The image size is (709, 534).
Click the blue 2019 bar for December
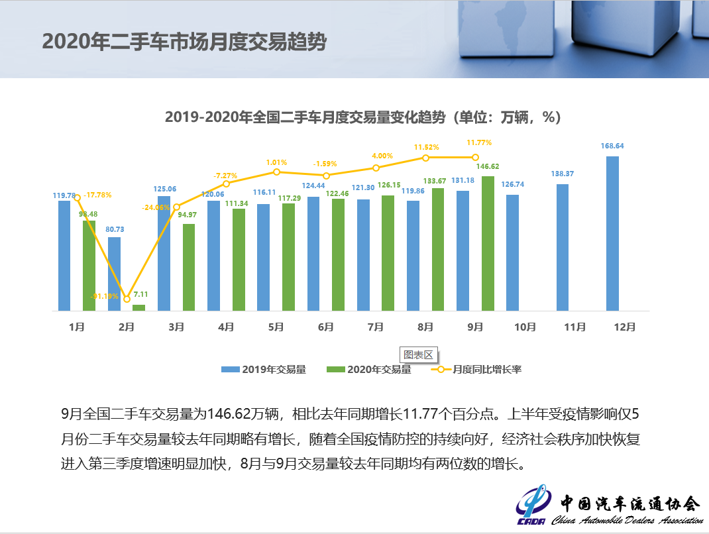(x=612, y=233)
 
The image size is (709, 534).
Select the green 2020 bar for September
(x=488, y=243)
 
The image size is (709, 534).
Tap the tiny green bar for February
(x=138, y=307)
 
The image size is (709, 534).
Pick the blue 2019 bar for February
(x=114, y=274)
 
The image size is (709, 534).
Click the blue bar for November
(x=563, y=247)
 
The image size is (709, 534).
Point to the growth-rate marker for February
(x=127, y=298)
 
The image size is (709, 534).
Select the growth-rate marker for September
(x=475, y=157)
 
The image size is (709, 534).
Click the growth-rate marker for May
(x=276, y=172)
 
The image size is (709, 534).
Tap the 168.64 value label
(x=612, y=146)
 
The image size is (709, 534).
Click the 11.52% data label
(x=427, y=147)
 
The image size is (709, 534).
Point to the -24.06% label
(x=154, y=207)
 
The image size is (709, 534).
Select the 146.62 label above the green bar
(x=488, y=167)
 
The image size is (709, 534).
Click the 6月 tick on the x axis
(x=326, y=327)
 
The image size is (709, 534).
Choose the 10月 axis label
(x=525, y=327)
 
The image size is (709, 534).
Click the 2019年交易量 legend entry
(x=264, y=369)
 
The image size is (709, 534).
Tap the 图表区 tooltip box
(x=417, y=354)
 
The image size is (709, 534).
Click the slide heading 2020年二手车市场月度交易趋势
(x=184, y=41)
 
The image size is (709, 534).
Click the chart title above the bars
(x=362, y=117)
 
